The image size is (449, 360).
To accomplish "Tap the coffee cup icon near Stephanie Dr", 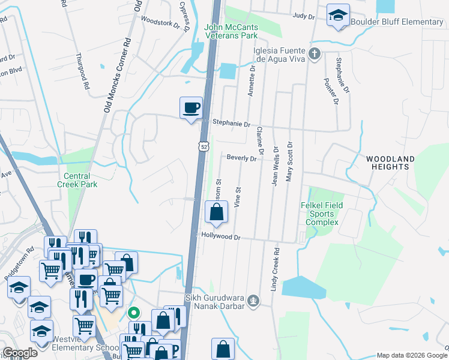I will [191, 108].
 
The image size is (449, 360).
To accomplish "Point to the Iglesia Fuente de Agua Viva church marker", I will [314, 55].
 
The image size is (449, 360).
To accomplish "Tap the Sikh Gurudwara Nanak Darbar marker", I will [254, 299].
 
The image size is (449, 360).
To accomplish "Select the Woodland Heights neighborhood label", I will [390, 163].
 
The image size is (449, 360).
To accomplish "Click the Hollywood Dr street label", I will [221, 237].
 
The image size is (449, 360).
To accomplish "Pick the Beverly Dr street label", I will [241, 158].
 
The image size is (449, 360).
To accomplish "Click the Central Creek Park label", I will [77, 181].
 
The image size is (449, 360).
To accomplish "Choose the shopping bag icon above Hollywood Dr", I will [215, 212].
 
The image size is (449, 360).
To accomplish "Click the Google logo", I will [19, 353].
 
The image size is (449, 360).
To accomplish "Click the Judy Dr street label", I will [304, 17].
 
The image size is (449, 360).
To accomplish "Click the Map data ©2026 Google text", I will [411, 355].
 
